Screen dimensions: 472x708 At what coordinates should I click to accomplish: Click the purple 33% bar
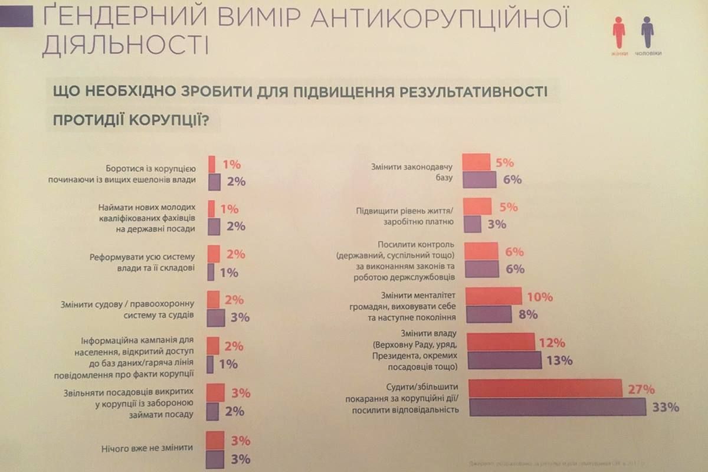[x=558, y=407]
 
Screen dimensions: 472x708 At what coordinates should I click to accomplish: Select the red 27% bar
[x=546, y=389]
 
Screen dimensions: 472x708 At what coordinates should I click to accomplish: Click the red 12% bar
[x=501, y=342]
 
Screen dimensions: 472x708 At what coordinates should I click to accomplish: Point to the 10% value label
[x=540, y=297]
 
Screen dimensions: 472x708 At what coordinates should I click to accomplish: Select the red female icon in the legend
[x=618, y=32]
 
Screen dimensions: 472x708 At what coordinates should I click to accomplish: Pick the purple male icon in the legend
[x=647, y=32]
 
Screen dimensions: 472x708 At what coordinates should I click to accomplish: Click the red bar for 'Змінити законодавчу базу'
[x=476, y=162]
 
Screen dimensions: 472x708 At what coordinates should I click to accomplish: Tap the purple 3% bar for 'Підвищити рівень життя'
[x=473, y=224]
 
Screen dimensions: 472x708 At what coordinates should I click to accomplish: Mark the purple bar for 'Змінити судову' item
[x=217, y=317]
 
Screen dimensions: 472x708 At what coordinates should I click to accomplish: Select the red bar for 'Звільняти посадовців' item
[x=216, y=392]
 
